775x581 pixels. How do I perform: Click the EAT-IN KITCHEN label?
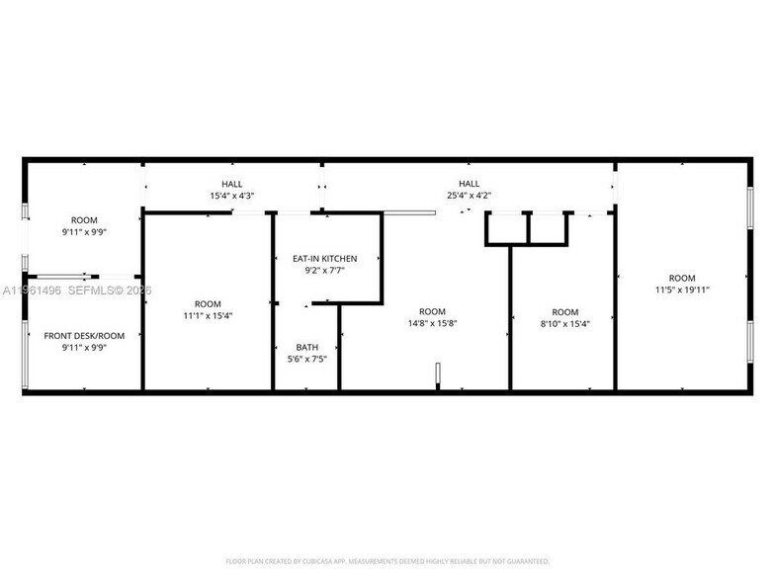(325, 259)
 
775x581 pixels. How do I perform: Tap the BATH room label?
(307, 347)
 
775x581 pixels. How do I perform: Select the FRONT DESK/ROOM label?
(83, 336)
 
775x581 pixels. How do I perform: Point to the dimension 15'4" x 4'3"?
(231, 196)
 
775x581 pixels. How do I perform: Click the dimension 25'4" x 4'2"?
(469, 196)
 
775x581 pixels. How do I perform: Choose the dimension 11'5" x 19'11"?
(682, 290)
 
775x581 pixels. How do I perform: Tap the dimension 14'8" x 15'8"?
(433, 323)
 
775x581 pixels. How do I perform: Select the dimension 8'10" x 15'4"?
(564, 323)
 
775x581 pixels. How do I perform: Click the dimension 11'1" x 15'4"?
(208, 315)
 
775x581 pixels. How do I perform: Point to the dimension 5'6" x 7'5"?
(307, 359)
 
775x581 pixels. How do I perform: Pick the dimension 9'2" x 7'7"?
(325, 271)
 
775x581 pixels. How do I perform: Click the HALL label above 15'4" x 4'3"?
(231, 184)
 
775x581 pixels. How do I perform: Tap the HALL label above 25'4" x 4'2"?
(469, 184)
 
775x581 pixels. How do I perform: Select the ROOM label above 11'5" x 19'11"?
(682, 278)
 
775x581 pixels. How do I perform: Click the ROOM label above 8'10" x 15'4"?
(564, 311)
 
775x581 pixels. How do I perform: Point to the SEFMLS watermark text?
(89, 290)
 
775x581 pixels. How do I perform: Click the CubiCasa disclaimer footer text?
(387, 560)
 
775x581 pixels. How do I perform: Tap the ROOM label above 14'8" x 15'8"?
(433, 311)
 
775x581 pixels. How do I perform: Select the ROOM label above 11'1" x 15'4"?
(208, 303)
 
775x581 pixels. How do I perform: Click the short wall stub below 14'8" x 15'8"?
(436, 377)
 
